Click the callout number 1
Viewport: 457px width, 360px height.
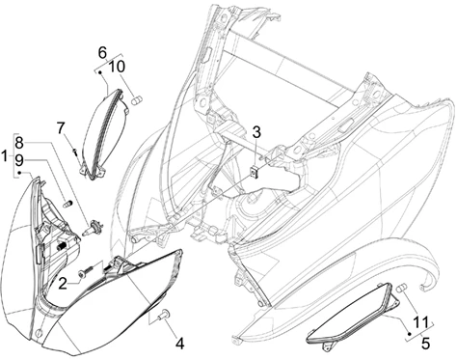click(4, 156)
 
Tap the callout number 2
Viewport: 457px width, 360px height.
click(63, 284)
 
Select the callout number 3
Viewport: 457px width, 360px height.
click(256, 132)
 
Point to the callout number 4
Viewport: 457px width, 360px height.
click(180, 344)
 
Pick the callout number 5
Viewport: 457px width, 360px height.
click(425, 344)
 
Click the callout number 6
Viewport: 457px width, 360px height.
click(102, 52)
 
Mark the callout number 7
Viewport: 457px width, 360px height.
click(61, 128)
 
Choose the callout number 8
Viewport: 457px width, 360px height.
click(19, 143)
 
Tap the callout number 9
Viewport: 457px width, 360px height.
click(19, 160)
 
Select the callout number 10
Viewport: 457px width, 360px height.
click(117, 67)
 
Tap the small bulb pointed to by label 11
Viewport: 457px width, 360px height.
click(402, 289)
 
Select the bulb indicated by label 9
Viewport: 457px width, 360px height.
click(67, 204)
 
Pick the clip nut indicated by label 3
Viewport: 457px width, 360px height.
click(255, 172)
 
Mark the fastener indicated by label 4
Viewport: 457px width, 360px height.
click(164, 314)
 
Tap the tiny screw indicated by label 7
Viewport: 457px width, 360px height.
click(75, 152)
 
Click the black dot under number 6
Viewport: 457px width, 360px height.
click(100, 72)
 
